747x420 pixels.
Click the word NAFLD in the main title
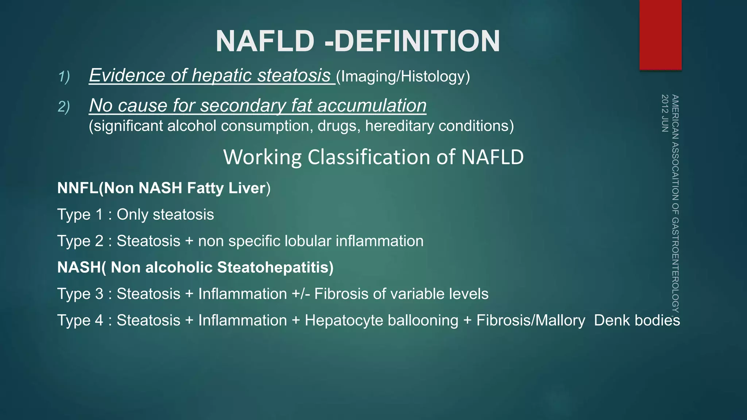[265, 41]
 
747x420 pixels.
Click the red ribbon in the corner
[660, 35]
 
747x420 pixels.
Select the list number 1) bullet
[64, 77]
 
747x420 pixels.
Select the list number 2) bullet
[64, 107]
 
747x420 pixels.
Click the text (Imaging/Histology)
[403, 77]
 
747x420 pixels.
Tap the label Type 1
[80, 215]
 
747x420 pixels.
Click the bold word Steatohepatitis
[275, 268]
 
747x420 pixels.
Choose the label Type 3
[80, 294]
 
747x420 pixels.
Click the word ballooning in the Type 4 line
[423, 321]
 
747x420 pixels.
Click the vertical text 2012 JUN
[665, 113]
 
